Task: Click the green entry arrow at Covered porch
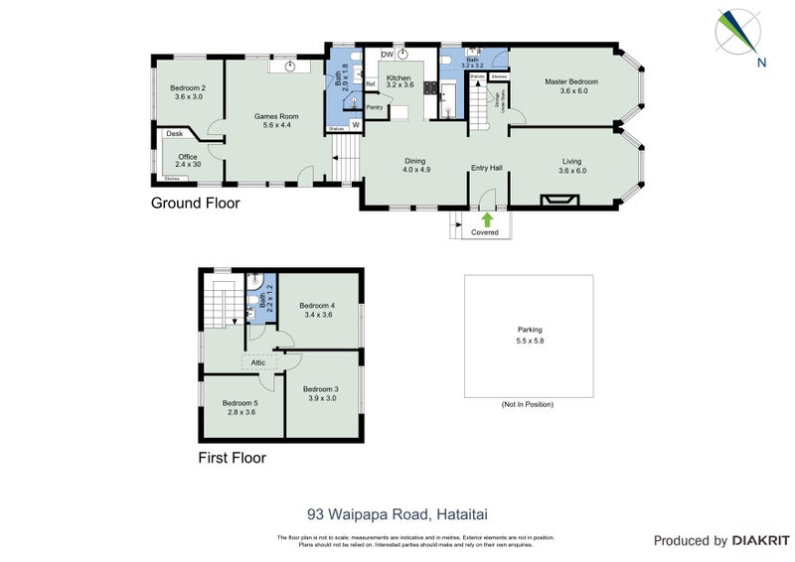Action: (487, 218)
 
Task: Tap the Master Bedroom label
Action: (570, 81)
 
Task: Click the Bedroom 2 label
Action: (188, 87)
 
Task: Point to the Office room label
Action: (188, 157)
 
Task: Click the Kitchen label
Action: (398, 77)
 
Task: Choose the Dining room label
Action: (415, 161)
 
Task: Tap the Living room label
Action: (572, 161)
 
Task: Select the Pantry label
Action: (375, 107)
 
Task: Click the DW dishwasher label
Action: (388, 54)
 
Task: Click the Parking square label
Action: (530, 330)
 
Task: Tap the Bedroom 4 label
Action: (317, 306)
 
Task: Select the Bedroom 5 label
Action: (241, 402)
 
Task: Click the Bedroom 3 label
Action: (321, 388)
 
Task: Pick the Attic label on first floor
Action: (258, 362)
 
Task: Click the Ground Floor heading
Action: (195, 204)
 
